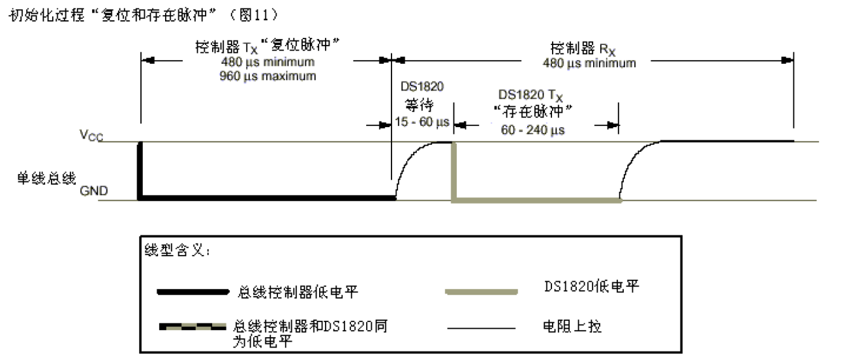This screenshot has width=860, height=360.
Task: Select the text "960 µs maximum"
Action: tap(268, 76)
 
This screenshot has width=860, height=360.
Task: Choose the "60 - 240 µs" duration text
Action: tap(532, 130)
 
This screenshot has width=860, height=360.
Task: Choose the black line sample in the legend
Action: tap(189, 292)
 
